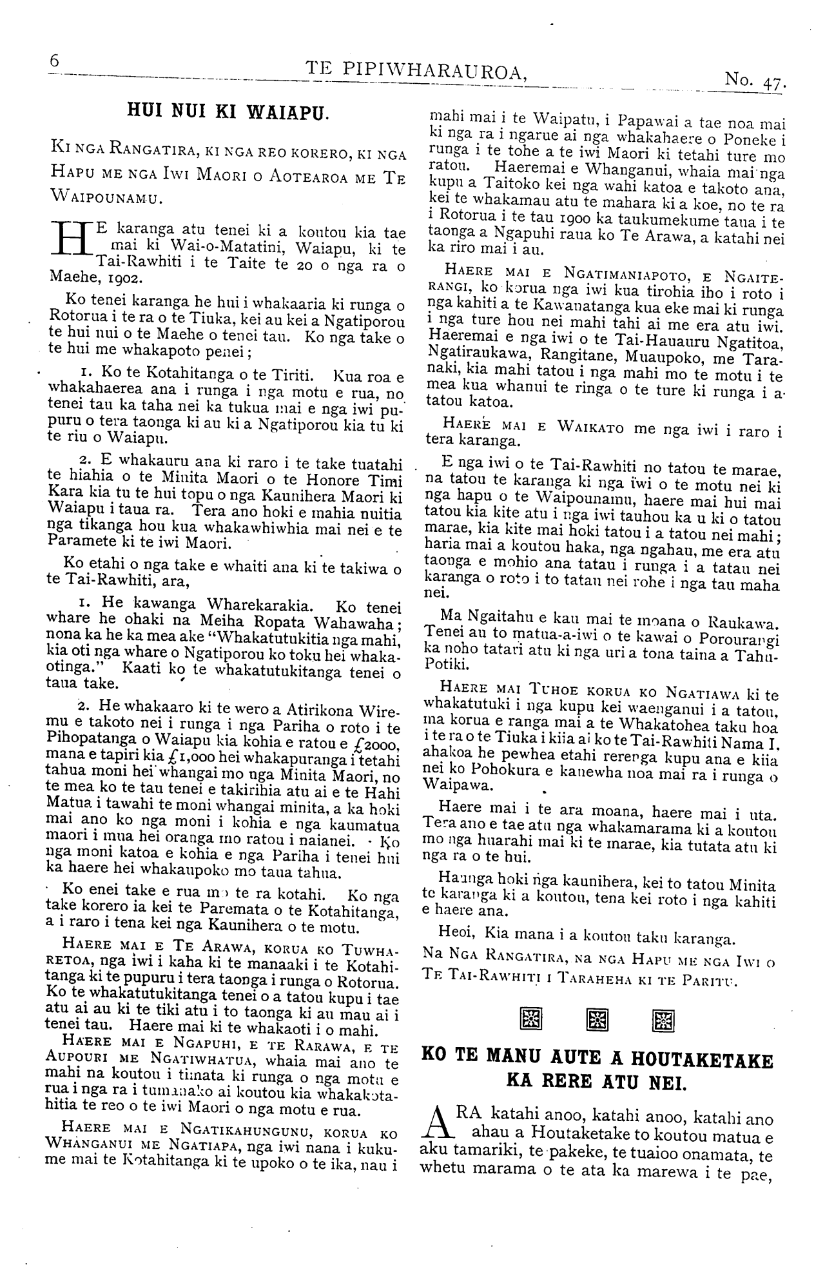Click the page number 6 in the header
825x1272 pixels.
(x=54, y=60)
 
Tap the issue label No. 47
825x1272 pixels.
(x=753, y=79)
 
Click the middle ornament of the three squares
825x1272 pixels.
(x=597, y=1019)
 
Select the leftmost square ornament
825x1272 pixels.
(x=530, y=1019)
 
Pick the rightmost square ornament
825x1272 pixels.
(x=664, y=1019)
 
